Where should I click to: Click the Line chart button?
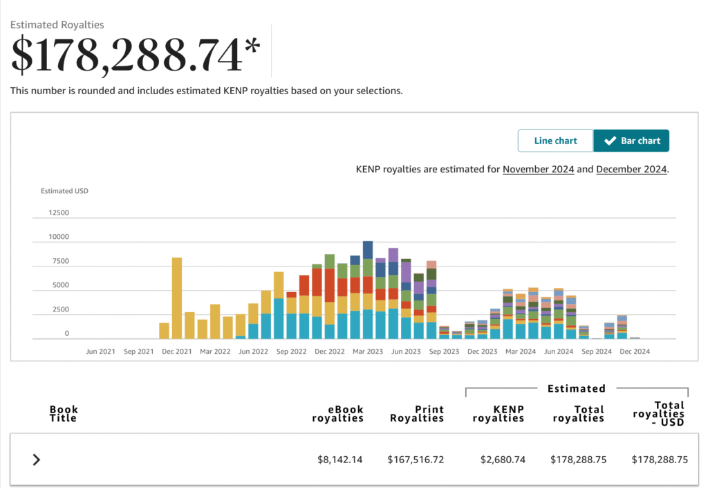pos(555,141)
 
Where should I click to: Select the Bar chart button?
pos(631,141)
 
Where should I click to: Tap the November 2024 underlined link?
pos(538,170)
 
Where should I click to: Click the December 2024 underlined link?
pos(631,170)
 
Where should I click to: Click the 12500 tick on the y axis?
pos(59,213)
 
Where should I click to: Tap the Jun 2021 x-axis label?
pos(101,352)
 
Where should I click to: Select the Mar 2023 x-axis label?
pos(368,352)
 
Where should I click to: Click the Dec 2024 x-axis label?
pos(635,352)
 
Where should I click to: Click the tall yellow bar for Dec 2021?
pos(177,298)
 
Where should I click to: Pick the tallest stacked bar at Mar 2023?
pos(368,290)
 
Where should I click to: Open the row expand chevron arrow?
pos(37,460)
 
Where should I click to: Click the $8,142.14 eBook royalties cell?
pos(339,460)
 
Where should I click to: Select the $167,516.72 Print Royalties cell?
pos(416,460)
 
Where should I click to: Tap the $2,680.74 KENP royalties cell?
pos(503,460)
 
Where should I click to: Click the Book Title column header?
pos(64,414)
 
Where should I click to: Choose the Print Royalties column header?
pos(417,414)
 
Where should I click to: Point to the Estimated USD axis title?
pos(64,191)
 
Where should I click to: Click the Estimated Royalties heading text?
pos(57,25)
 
